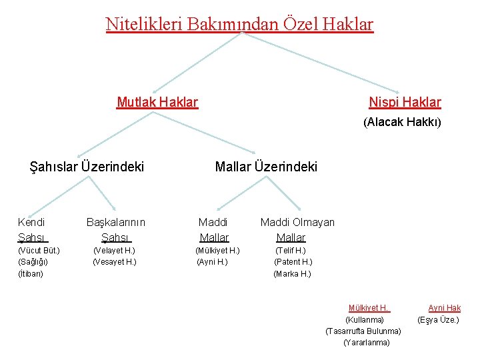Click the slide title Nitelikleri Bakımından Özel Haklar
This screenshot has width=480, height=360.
pyautogui.click(x=239, y=25)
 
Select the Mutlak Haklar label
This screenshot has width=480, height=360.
pyautogui.click(x=157, y=102)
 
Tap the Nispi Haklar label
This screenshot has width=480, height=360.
pyautogui.click(x=405, y=102)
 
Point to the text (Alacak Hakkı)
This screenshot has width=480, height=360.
pyautogui.click(x=402, y=123)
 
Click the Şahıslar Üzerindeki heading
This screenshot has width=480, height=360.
pyautogui.click(x=87, y=167)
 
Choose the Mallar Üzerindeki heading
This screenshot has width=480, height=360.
pyautogui.click(x=266, y=167)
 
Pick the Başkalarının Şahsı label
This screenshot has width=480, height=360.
pyautogui.click(x=116, y=229)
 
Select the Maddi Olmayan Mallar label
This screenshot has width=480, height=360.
pyautogui.click(x=297, y=229)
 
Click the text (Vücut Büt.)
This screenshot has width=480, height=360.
pyautogui.click(x=39, y=251)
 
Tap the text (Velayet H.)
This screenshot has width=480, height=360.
pyautogui.click(x=114, y=251)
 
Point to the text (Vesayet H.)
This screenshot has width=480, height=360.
pyautogui.click(x=114, y=262)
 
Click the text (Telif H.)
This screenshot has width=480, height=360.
pyautogui.click(x=291, y=251)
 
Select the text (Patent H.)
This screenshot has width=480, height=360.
pyautogui.click(x=293, y=262)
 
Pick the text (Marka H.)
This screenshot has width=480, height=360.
pyautogui.click(x=292, y=274)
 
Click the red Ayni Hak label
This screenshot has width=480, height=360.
pyautogui.click(x=444, y=308)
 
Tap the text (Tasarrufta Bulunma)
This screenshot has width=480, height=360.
pyautogui.click(x=363, y=331)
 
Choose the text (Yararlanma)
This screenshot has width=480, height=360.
pyautogui.click(x=366, y=343)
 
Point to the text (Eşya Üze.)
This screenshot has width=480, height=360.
pyautogui.click(x=438, y=320)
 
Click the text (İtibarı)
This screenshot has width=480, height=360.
pyautogui.click(x=30, y=274)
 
